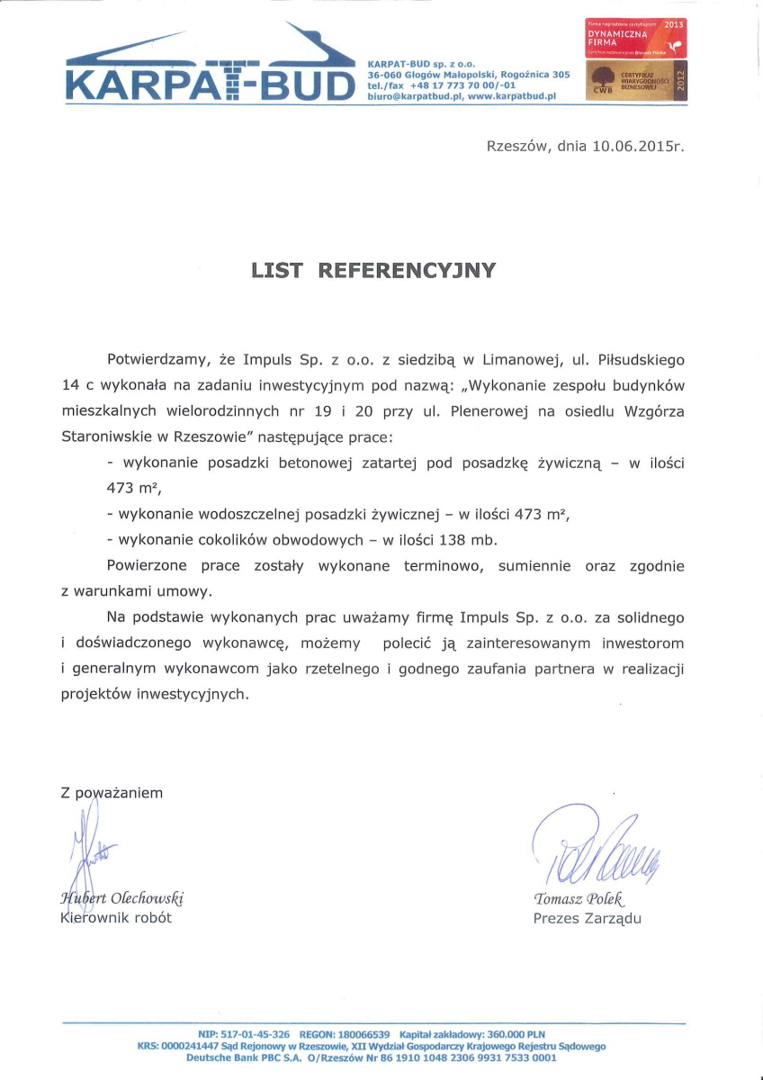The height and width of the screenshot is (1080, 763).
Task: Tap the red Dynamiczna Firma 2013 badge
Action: point(636,39)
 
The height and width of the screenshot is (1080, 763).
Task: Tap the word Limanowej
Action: point(520,360)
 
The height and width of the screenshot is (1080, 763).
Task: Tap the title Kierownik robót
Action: point(115,918)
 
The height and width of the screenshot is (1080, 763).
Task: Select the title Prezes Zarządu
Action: point(587,919)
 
